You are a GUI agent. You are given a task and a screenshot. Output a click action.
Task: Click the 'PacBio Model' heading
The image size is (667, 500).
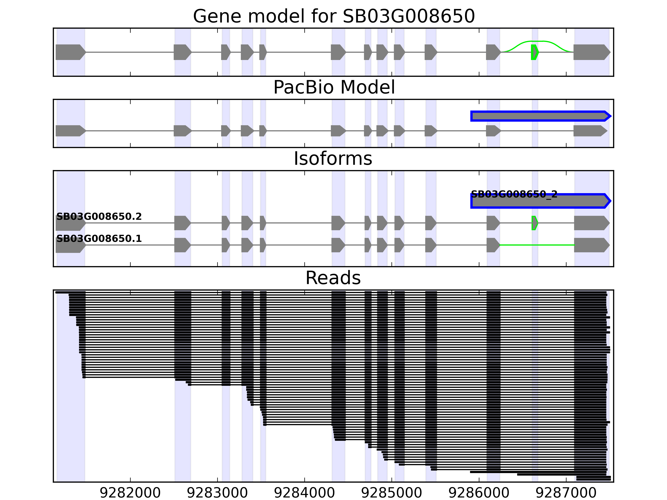click(334, 87)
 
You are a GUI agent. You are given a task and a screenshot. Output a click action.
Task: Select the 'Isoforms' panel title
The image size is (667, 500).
click(333, 159)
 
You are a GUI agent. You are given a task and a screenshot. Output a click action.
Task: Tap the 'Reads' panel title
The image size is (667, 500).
click(333, 278)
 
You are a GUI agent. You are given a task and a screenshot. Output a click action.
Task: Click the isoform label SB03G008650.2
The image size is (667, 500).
click(99, 217)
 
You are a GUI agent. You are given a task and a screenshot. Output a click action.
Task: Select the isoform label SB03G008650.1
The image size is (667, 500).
click(99, 239)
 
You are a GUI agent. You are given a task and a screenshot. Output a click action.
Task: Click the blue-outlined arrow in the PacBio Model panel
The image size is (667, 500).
click(540, 116)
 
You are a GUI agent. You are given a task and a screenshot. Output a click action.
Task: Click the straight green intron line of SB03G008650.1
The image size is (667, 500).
click(537, 245)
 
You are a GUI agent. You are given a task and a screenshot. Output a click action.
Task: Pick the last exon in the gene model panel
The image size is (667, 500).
click(591, 52)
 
